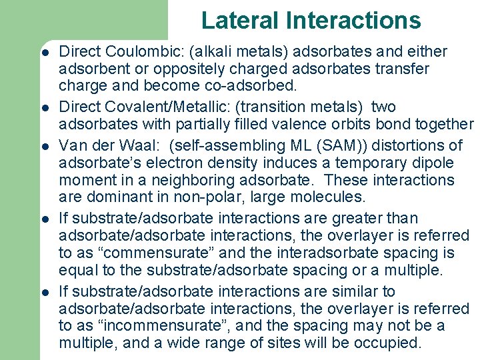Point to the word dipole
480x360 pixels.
pyautogui.click(x=435, y=163)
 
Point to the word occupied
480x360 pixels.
pyautogui.click(x=389, y=344)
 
